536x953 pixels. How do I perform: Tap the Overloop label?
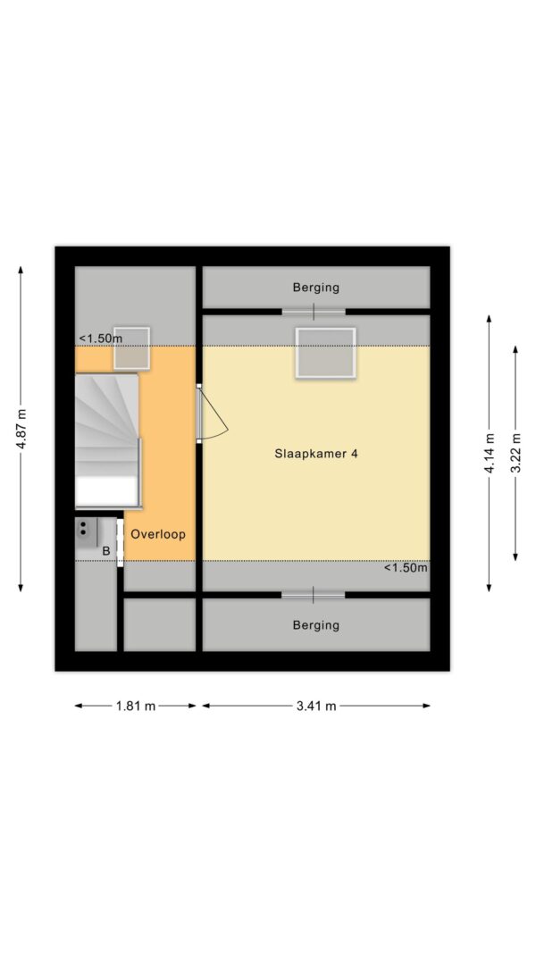158,534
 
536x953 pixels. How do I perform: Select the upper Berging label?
315,288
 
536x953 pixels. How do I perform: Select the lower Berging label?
315,625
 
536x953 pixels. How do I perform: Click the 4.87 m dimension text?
21,429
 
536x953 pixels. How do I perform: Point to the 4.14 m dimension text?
490,454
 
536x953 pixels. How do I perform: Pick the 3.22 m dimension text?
515,454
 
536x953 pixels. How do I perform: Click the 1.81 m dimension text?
135,706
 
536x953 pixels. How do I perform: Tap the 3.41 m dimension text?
315,706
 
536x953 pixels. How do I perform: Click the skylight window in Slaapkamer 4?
325,353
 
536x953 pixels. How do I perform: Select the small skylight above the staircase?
131,347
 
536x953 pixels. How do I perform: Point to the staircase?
107,440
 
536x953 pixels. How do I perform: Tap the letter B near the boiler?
105,551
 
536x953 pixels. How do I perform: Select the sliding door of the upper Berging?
314,312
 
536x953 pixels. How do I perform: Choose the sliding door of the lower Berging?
313,595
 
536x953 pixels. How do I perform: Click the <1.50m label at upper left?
100,338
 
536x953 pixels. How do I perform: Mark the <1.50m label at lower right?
406,568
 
